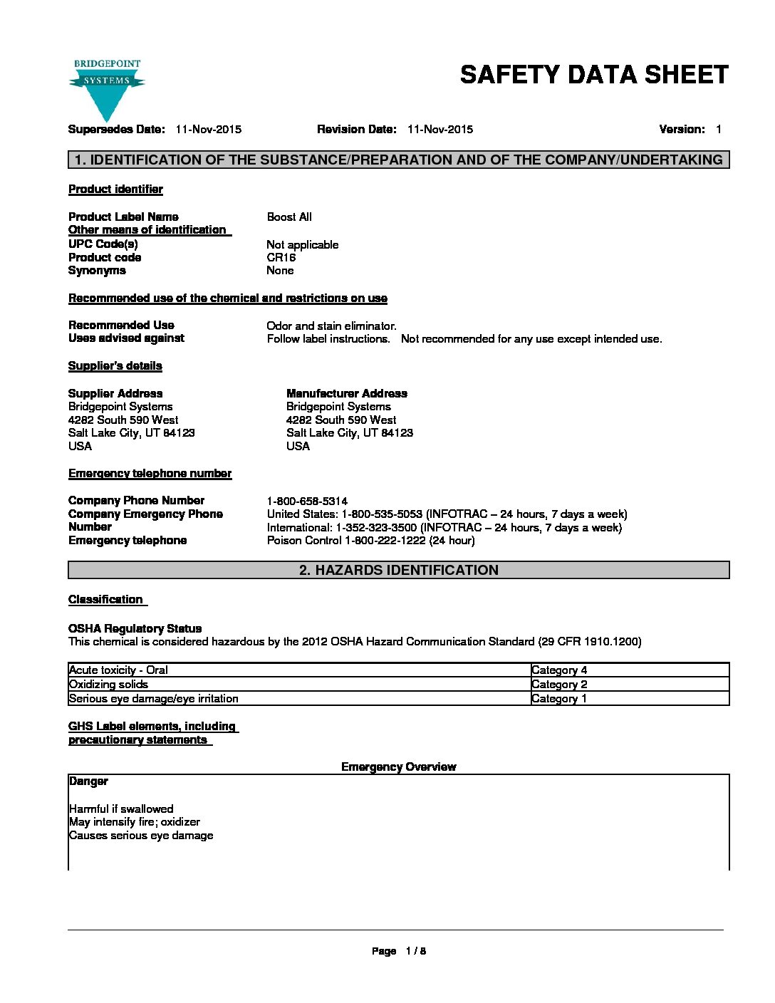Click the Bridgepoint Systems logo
coord(107,88)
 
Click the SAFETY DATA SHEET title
coord(594,75)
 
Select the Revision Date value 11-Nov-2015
coord(439,130)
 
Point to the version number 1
coord(719,130)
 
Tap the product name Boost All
coord(289,217)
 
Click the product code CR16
coord(281,258)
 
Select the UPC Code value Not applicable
coord(302,245)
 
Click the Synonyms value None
coord(280,271)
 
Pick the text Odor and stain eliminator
coord(331,326)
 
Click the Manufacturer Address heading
coord(346,394)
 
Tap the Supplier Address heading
coord(115,394)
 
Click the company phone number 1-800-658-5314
coord(307,501)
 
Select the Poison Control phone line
coord(370,541)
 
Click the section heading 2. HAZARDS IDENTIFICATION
coord(398,570)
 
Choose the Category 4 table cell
coord(559,670)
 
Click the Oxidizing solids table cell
coord(108,685)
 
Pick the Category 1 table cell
coord(559,699)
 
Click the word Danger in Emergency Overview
coord(88,781)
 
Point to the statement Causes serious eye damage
coord(141,836)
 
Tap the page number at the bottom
coord(415,951)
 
